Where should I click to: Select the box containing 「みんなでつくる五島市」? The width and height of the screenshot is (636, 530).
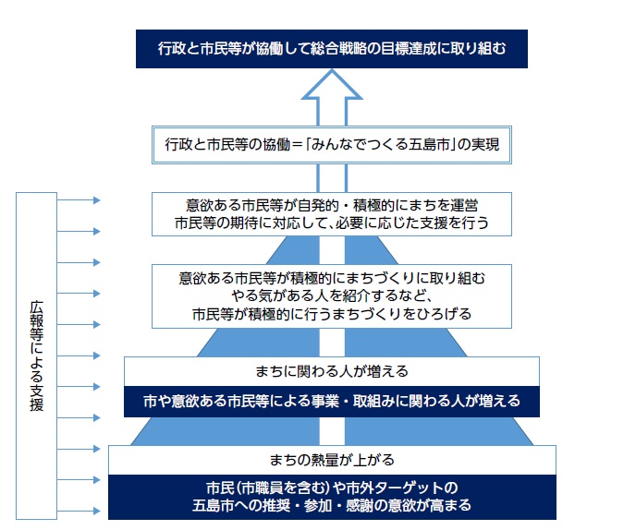(331, 145)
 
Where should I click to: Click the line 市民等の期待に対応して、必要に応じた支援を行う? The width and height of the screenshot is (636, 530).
(331, 223)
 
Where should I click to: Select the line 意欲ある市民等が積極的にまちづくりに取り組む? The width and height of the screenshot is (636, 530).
(331, 277)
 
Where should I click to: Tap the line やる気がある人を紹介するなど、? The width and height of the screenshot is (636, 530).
(331, 295)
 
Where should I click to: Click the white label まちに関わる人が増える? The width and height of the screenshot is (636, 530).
(331, 371)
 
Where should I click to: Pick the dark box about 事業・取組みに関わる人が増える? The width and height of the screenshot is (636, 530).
(331, 402)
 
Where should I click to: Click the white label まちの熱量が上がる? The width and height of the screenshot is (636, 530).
(331, 459)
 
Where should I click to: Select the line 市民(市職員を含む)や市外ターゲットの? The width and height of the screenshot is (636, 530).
(331, 487)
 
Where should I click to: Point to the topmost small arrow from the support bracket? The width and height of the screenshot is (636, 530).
(78, 199)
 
